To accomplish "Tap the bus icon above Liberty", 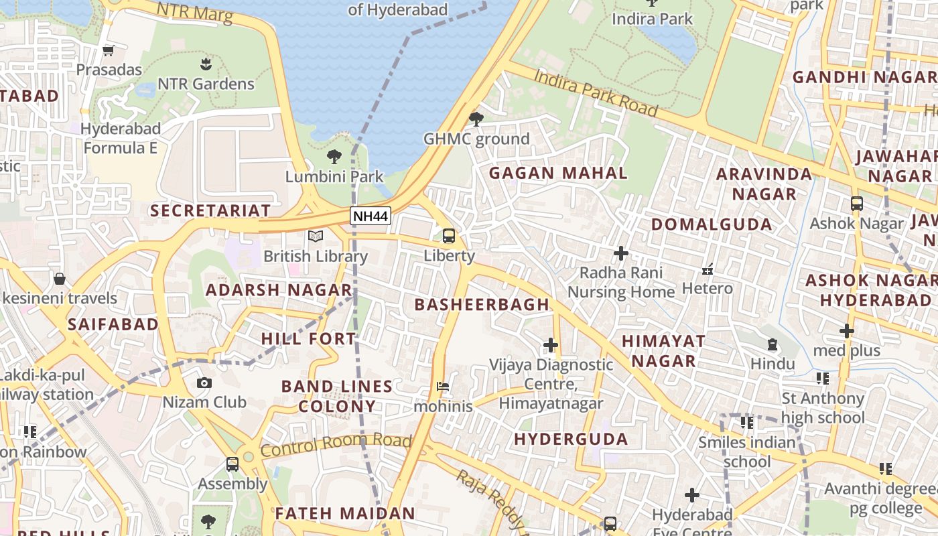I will coord(449,236).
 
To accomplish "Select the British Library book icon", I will coord(316,237).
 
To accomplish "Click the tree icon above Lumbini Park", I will coord(334,157).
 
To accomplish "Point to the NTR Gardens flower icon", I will coord(206,64).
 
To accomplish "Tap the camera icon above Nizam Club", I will coord(204,383).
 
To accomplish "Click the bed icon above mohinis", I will coord(443,387).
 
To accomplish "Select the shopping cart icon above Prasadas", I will coord(109,50).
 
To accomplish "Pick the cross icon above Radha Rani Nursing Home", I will coord(621,253).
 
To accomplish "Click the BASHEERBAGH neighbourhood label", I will coord(482,305).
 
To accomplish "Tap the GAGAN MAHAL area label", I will coord(558,173).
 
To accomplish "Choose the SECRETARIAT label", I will coord(210,210).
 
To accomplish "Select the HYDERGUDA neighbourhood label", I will coord(571,440).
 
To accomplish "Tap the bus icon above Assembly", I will coord(232,464).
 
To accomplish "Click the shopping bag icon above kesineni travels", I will coord(60,278).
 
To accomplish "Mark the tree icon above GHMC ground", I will coord(476,119).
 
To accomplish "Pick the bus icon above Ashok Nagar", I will coord(856,204).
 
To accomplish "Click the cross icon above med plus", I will coord(847,331).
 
